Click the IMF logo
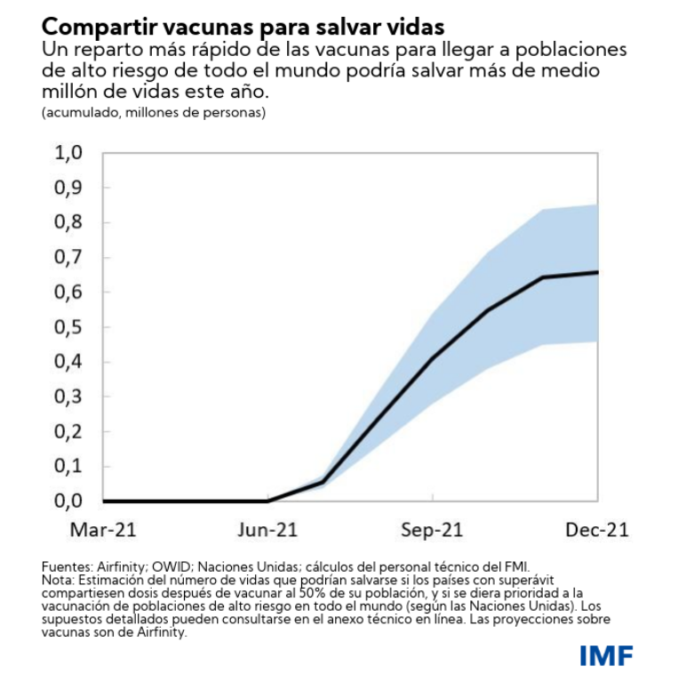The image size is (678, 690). (607, 656)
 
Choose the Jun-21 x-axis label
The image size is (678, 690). (267, 531)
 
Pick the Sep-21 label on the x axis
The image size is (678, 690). (433, 531)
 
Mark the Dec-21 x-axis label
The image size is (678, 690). (597, 531)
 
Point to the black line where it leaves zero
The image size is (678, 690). (267, 501)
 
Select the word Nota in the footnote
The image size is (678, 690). (57, 578)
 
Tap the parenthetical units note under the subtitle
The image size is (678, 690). (153, 113)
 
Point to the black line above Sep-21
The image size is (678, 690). (433, 358)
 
